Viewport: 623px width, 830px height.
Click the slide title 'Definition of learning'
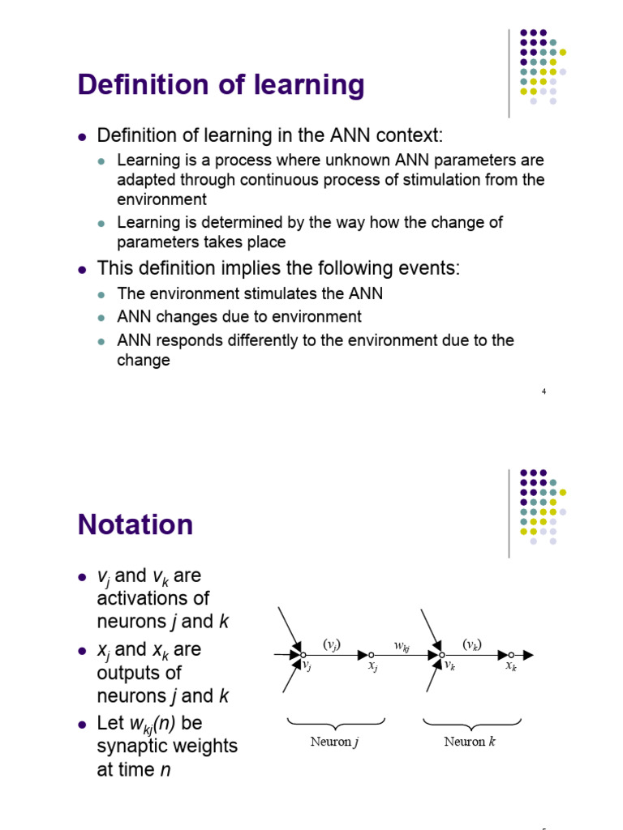tap(221, 84)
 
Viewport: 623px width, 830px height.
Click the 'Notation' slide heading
tap(135, 524)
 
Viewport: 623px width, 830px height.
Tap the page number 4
tap(544, 392)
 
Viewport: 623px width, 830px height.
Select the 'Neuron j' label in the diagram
tap(334, 742)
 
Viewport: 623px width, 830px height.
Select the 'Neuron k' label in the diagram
tap(470, 742)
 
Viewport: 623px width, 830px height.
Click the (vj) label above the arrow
tap(332, 644)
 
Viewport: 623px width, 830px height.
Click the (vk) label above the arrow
tap(473, 644)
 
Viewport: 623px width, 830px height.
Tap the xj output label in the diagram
tap(372, 666)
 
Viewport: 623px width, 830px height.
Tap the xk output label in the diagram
tap(511, 666)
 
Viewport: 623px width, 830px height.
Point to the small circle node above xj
tap(371, 654)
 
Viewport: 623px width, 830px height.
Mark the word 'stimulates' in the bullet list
tap(256, 293)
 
